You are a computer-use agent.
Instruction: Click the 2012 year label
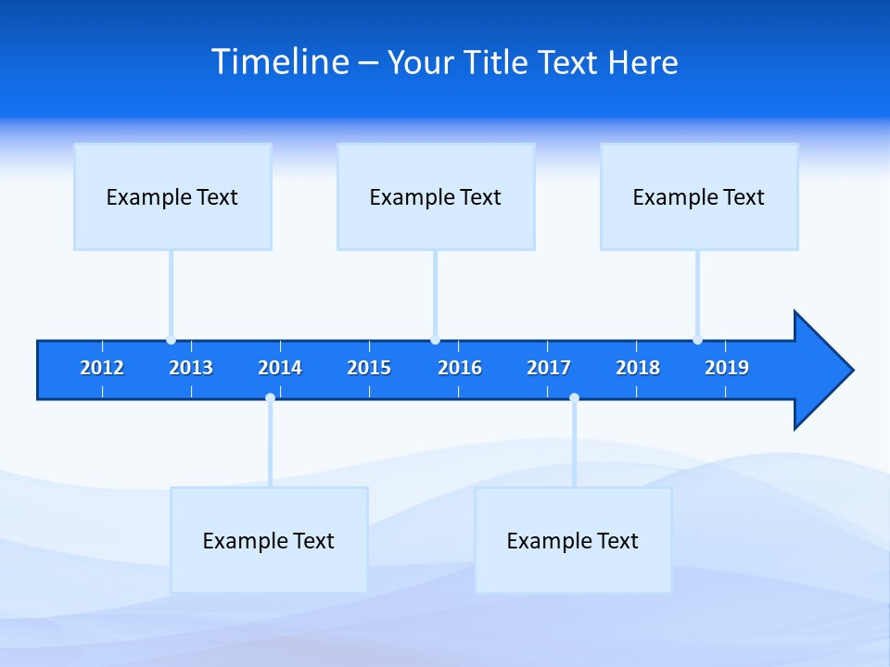pyautogui.click(x=102, y=368)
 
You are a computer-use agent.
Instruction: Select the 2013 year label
pyautogui.click(x=191, y=368)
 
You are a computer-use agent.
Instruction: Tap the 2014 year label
pyautogui.click(x=280, y=368)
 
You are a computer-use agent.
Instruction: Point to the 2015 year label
pyautogui.click(x=369, y=368)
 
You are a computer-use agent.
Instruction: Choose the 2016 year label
pyautogui.click(x=460, y=368)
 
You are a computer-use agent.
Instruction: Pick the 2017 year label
pyautogui.click(x=549, y=368)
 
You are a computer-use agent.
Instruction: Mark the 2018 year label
pyautogui.click(x=638, y=368)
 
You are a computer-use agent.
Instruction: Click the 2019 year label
pyautogui.click(x=727, y=368)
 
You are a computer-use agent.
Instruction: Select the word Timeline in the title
pyautogui.click(x=281, y=62)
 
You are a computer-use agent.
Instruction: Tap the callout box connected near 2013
pyautogui.click(x=172, y=196)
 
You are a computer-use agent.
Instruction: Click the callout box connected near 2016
pyautogui.click(x=436, y=196)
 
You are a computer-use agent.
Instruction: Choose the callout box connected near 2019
pyautogui.click(x=699, y=196)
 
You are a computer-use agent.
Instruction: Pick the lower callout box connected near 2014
pyautogui.click(x=269, y=540)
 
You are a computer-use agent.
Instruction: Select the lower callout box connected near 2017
pyautogui.click(x=573, y=540)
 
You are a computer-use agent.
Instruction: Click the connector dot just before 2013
pyautogui.click(x=171, y=340)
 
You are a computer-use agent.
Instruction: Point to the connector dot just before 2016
pyautogui.click(x=435, y=340)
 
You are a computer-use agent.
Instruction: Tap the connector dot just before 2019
pyautogui.click(x=697, y=340)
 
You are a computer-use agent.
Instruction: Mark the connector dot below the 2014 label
pyautogui.click(x=270, y=398)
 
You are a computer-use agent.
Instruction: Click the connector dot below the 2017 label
pyautogui.click(x=574, y=398)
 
